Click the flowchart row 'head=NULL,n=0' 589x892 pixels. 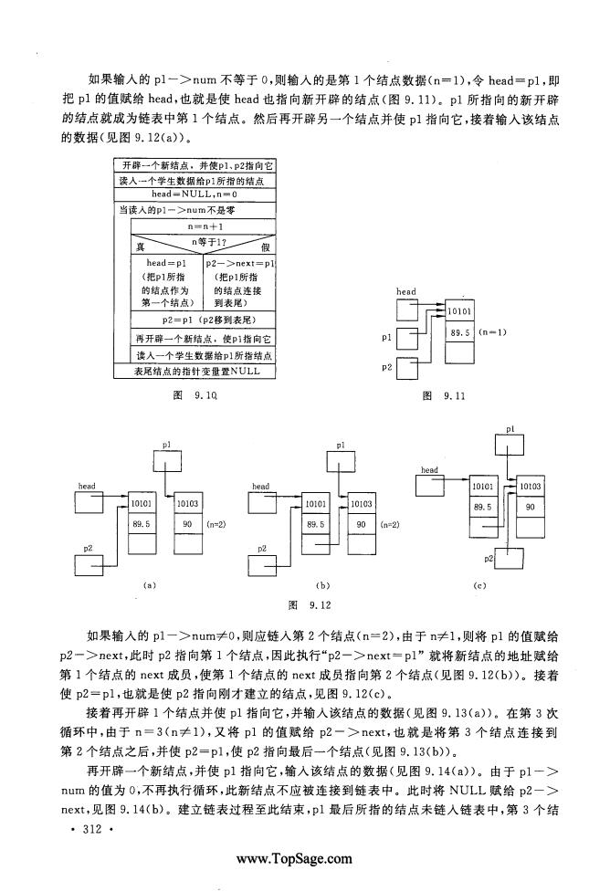195,194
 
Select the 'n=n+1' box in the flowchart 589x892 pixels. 203,226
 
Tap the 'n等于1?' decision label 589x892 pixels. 209,242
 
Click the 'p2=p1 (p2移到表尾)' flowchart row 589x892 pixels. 203,320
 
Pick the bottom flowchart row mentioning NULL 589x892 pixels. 195,372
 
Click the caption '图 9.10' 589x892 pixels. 195,395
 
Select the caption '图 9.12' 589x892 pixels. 310,604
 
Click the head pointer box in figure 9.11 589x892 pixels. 407,310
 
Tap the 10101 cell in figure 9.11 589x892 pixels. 459,311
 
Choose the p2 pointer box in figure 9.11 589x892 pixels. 407,368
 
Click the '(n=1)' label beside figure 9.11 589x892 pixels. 493,332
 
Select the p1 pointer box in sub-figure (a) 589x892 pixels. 167,459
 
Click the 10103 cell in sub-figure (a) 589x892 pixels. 188,503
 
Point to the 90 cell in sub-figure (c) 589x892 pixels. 531,507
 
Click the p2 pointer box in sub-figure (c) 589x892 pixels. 509,558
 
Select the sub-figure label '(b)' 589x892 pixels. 322,585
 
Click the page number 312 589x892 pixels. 92,829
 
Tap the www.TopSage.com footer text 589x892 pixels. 294,858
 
